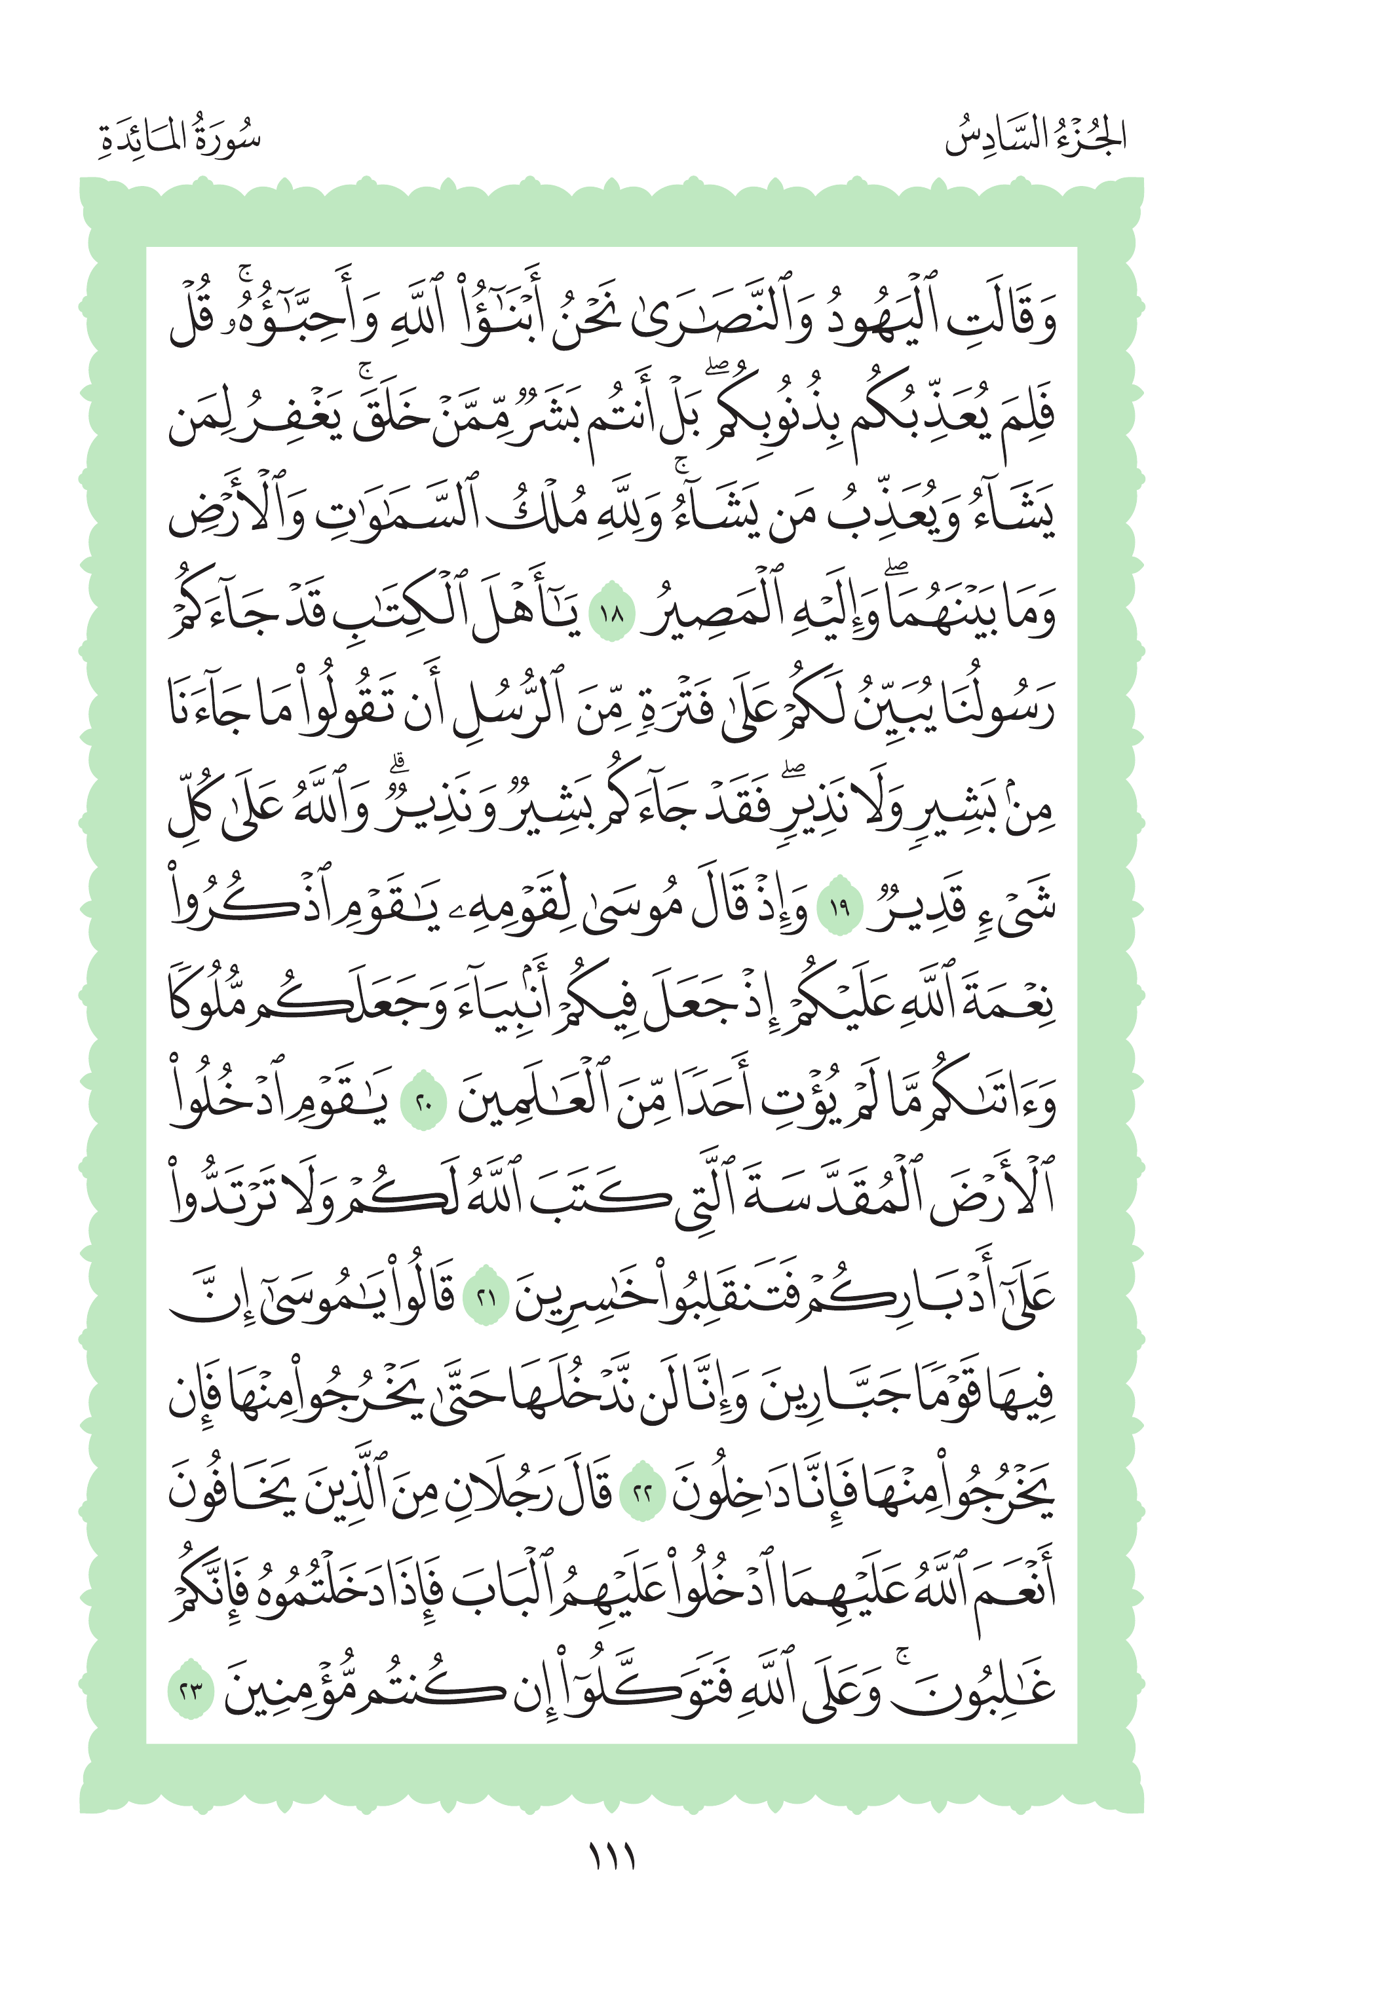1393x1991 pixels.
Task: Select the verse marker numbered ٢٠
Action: (x=423, y=1106)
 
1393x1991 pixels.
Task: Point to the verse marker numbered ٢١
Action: (x=487, y=1299)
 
